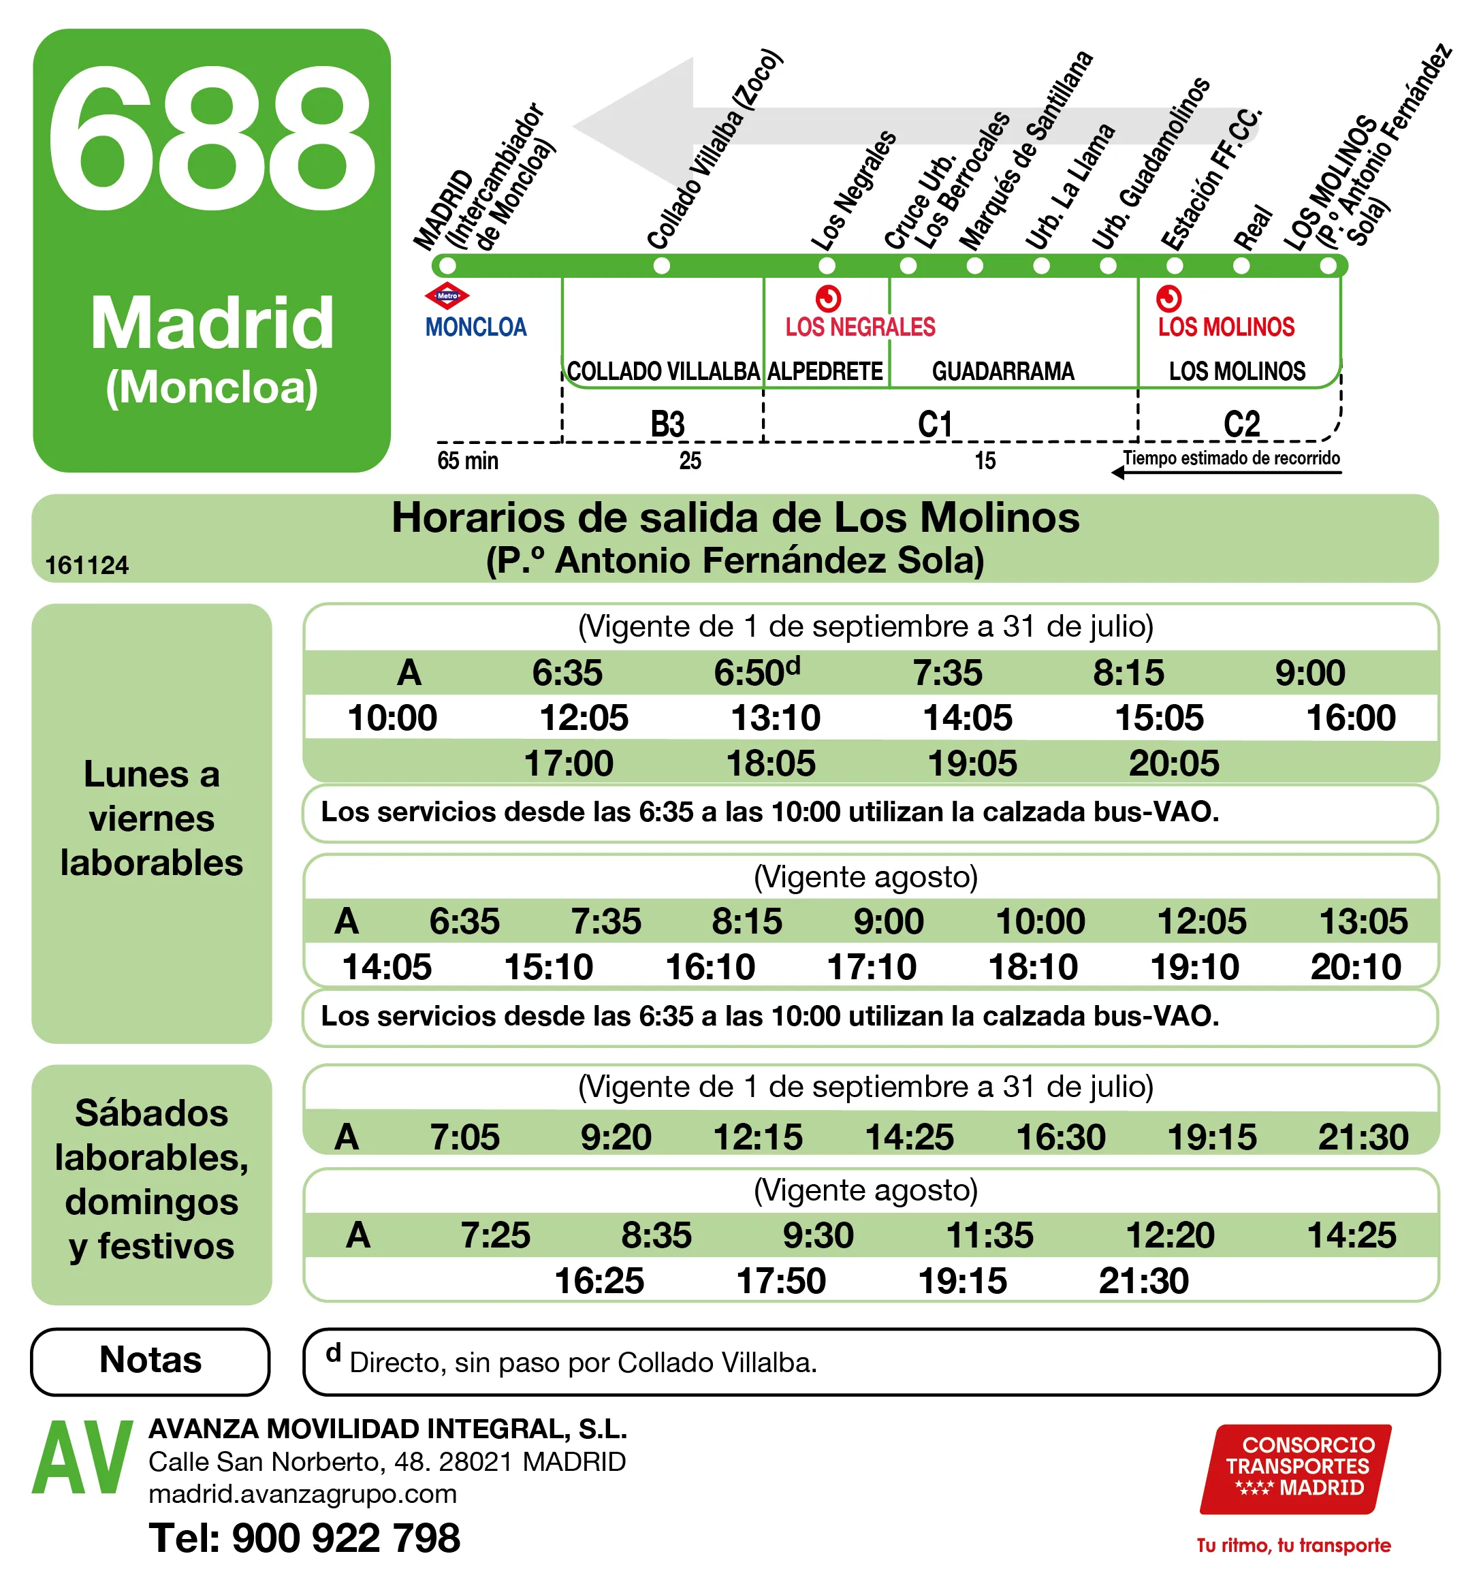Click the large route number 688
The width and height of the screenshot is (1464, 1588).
pos(212,140)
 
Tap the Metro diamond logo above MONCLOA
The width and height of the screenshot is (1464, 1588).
pos(447,296)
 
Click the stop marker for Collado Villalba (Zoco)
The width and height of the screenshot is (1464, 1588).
pos(661,266)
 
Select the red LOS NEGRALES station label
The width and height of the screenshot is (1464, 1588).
pos(859,326)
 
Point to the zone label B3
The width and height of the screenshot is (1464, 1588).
pos(667,424)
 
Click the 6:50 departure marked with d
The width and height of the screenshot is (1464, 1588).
pos(757,672)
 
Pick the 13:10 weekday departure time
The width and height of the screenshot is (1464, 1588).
pos(775,718)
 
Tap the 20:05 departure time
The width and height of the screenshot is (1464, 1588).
pos(1173,763)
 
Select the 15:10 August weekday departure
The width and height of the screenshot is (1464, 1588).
pos(548,967)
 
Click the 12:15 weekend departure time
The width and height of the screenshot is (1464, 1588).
pos(757,1137)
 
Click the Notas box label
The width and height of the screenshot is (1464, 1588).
pos(150,1360)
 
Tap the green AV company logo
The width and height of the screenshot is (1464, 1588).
pos(82,1457)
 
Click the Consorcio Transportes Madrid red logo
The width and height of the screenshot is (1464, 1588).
pos(1296,1468)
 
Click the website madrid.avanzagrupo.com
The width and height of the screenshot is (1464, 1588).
pos(302,1495)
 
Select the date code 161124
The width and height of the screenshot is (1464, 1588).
pos(86,565)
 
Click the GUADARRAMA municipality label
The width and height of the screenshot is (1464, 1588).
pos(1002,371)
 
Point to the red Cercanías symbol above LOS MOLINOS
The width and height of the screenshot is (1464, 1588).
pos(1168,299)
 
